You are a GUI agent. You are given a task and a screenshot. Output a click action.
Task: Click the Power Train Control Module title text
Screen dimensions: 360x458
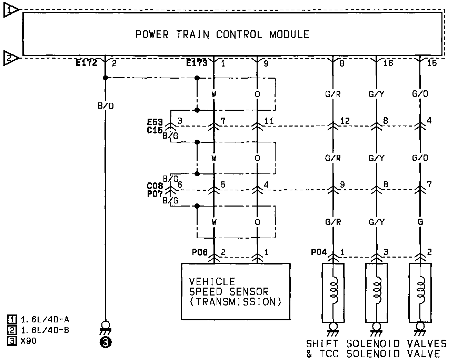222,34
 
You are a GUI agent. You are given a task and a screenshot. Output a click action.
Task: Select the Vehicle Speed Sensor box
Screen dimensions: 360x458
236,291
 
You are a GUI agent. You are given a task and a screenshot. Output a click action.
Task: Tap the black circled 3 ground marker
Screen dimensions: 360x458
106,342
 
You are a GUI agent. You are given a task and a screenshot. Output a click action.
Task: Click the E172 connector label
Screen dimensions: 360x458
87,63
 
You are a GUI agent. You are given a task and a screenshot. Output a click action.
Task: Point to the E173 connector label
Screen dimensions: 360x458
197,63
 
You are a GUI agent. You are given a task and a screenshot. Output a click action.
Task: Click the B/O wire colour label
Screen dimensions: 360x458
106,106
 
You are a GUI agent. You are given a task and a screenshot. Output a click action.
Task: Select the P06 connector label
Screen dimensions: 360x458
200,252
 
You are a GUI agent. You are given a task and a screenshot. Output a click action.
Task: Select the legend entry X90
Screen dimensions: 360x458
29,341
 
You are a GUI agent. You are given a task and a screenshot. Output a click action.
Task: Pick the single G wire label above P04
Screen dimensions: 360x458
420,222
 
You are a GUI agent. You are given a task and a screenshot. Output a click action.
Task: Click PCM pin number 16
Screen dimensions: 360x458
388,63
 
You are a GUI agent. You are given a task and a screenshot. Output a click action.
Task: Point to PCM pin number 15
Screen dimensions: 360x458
431,63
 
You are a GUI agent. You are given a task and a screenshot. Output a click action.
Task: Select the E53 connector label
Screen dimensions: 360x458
155,122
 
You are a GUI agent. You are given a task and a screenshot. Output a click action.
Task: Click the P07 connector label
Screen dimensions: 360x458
155,194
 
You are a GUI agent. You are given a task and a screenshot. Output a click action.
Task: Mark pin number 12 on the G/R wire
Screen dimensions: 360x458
345,121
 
